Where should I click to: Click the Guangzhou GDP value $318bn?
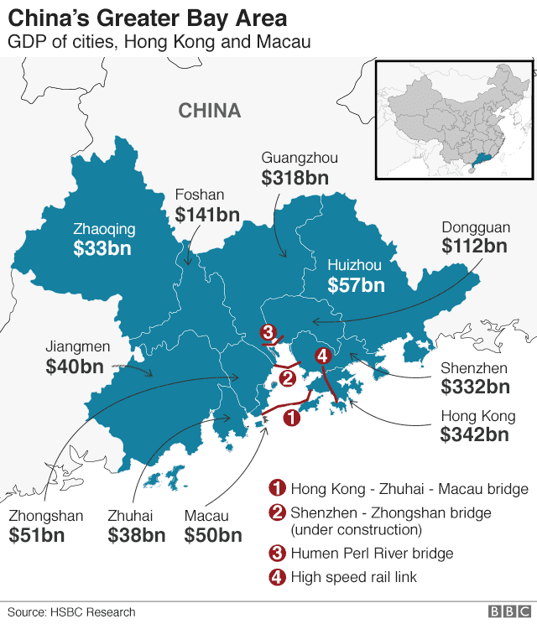point(295,178)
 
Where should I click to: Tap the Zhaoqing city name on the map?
point(104,227)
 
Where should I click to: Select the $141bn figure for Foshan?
point(207,215)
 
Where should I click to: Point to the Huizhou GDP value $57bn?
point(356,285)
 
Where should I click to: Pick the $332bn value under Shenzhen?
point(475,387)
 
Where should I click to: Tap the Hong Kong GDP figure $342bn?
point(474,434)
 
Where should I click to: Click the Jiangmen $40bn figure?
point(75,366)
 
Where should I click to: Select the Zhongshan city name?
point(46,516)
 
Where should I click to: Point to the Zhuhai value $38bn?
point(136,535)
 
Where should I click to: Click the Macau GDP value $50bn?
point(213,535)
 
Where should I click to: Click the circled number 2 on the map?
point(287,377)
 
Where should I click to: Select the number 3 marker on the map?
point(268,332)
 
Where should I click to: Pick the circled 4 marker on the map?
point(323,356)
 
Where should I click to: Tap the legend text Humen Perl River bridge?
point(372,553)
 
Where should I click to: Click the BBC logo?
point(506,612)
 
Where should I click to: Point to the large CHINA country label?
point(210,111)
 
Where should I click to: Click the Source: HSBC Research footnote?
point(71,612)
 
